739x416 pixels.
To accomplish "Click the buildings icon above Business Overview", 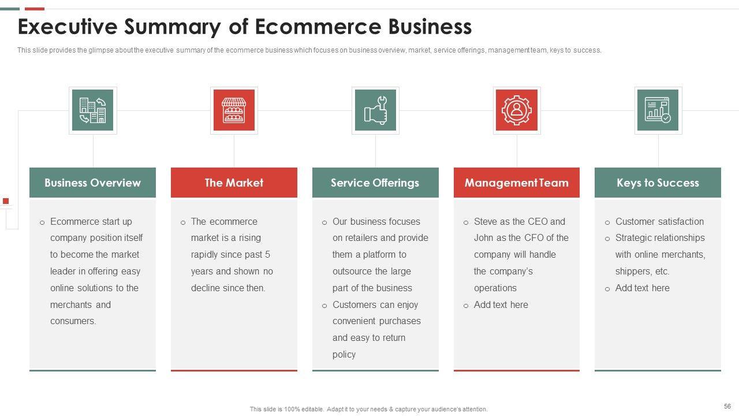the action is tap(93, 110).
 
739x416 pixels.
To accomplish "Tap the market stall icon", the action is tap(234, 110).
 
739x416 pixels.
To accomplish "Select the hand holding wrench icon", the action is tap(375, 110).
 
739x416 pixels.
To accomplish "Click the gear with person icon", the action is tap(517, 110).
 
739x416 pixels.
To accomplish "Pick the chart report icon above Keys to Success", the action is tap(658, 110).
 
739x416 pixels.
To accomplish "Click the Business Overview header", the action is tap(93, 183).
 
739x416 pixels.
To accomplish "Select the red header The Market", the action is tap(234, 183).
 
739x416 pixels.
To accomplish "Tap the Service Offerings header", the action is tap(375, 183).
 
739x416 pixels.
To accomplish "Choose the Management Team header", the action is tap(517, 183).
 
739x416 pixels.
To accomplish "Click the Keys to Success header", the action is tap(658, 183).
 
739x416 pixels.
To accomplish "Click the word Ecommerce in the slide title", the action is tap(318, 27).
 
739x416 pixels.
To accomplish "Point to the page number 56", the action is tap(727, 406).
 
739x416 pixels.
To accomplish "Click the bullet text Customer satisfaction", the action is tap(659, 221).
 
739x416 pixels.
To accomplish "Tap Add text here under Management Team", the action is tap(501, 304).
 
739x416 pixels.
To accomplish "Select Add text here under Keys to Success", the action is tap(643, 288).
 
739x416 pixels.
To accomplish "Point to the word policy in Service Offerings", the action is tap(344, 355).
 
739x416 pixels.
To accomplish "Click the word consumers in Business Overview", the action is tap(73, 321).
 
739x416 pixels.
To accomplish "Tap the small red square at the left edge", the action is tap(6, 201).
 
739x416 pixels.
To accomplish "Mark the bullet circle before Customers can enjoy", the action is tap(324, 306).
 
